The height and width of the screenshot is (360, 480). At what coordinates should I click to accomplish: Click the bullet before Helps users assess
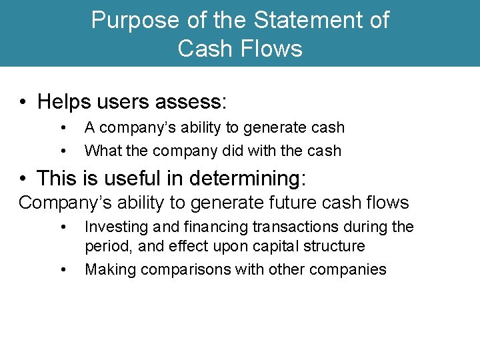(23, 102)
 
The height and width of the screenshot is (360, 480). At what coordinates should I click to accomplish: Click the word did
(227, 151)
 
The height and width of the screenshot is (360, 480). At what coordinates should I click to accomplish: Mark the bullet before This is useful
(23, 179)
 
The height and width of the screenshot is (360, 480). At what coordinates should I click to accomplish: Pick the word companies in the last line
(347, 269)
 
